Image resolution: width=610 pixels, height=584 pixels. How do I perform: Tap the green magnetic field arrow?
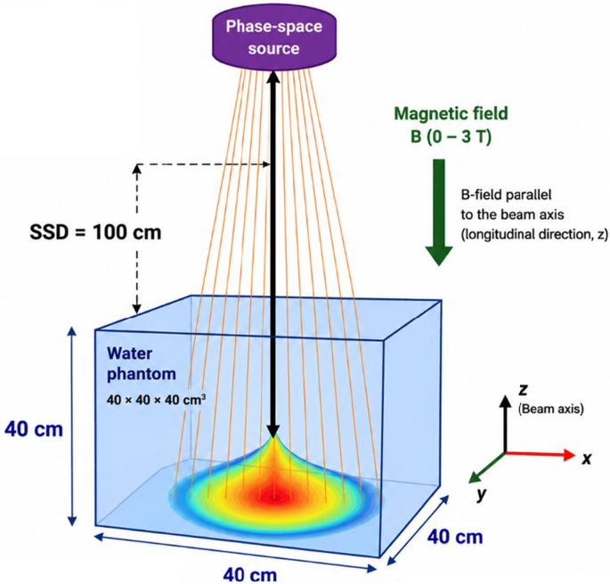pos(439,212)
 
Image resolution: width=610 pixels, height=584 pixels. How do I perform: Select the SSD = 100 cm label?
pos(95,232)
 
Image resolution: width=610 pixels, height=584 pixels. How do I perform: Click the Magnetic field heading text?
pos(451,114)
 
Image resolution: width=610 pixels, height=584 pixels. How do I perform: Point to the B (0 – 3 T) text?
pos(451,136)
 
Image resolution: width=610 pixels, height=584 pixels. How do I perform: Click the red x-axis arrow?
pos(540,455)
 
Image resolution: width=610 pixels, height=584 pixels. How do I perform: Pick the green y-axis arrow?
pos(487,468)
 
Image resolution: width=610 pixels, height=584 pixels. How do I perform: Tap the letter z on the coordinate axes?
pos(524,389)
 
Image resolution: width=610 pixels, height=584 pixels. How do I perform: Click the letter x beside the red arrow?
pos(586,458)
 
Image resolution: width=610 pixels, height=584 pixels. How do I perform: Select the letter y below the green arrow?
pos(482,495)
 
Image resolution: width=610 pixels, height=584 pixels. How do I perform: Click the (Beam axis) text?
pos(551,409)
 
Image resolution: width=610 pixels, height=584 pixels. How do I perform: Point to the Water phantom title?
pos(142,363)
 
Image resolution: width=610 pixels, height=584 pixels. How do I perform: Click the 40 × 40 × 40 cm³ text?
pos(156,400)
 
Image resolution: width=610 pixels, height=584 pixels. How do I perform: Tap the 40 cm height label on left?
pos(34,430)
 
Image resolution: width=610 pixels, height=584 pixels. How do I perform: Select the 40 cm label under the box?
pos(249,575)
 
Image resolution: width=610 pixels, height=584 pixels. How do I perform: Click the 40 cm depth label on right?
pos(455,538)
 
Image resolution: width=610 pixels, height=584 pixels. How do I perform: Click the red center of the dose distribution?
pos(274,497)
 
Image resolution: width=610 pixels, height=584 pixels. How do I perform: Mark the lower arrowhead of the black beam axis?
pos(273,430)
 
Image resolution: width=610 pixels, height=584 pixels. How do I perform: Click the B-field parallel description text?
pos(534,215)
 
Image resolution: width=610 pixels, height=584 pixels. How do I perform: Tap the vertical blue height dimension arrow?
pos(72,426)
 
